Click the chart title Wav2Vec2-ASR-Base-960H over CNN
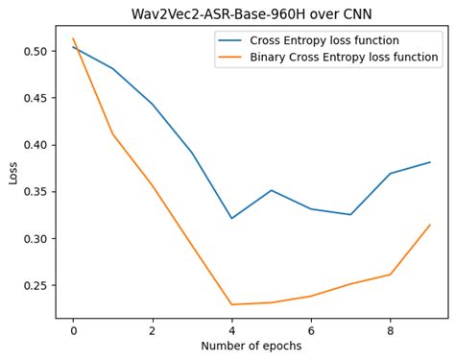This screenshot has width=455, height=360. [251, 13]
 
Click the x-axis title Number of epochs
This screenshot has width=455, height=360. [251, 346]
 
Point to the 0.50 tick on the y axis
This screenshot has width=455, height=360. [35, 51]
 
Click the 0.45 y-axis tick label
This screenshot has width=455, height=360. [35, 98]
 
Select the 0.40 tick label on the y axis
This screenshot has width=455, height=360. [35, 145]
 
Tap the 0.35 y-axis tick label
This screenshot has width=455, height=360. [35, 192]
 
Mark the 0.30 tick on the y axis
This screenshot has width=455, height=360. [35, 239]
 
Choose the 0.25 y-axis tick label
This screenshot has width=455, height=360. [35, 286]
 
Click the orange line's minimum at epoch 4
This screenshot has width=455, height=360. [231, 304]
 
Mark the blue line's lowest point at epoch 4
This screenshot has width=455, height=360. [231, 218]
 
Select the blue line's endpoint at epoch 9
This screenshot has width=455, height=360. [430, 162]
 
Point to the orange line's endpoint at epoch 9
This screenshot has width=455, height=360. [430, 225]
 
